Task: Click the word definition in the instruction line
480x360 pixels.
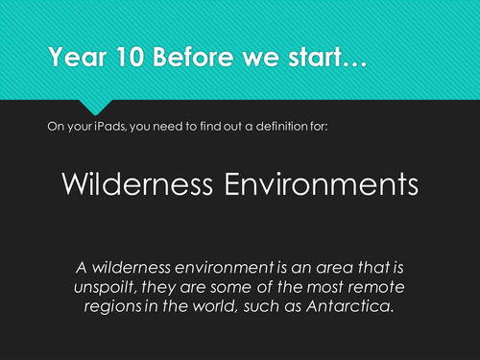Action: pyautogui.click(x=280, y=126)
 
